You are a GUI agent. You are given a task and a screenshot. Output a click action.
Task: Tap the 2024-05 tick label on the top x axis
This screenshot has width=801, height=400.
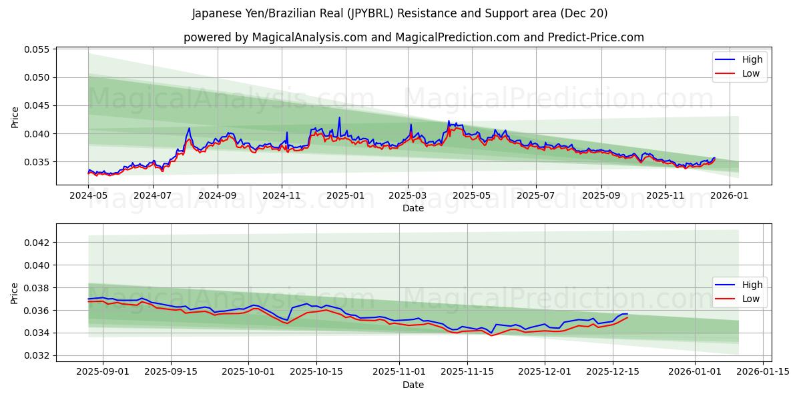point(88,196)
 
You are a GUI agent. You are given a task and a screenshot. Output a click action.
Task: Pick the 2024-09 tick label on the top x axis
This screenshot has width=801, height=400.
point(218,196)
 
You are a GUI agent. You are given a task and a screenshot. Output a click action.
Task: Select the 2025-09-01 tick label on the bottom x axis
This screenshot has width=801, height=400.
point(102,371)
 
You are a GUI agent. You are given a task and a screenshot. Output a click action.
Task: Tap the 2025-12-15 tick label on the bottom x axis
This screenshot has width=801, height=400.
point(613,371)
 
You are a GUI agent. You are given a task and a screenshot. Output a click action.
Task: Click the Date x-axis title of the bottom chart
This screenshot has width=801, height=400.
point(413,385)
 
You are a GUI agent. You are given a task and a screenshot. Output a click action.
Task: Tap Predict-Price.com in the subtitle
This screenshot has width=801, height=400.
point(595,37)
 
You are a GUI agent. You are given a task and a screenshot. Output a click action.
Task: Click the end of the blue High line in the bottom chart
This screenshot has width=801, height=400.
point(627,313)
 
